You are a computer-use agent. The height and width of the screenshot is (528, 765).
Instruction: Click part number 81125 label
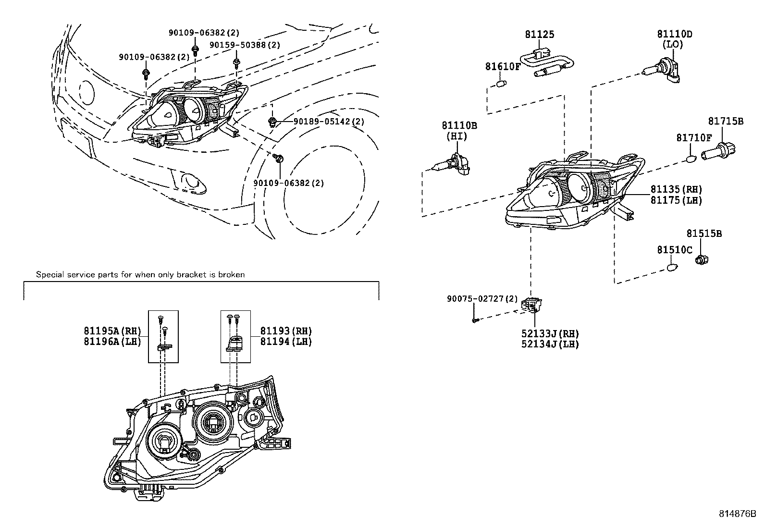pos(539,34)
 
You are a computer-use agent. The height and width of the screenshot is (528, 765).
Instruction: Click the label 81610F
pos(502,66)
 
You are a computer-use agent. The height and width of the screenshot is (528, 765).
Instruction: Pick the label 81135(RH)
pos(676,190)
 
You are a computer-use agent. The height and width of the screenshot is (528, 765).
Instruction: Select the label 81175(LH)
pos(676,200)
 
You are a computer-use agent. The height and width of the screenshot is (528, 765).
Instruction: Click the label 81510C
pos(675,250)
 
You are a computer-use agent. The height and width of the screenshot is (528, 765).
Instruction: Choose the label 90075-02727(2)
pos(482,299)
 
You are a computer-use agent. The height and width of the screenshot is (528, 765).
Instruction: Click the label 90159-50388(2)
pos(245,45)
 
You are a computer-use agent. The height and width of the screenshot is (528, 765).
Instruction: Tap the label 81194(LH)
pos(286,342)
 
